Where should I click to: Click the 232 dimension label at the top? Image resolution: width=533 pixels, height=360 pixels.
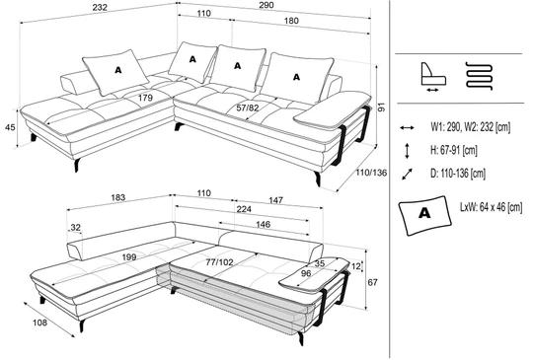coord(100,7)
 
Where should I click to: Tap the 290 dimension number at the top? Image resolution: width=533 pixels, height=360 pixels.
coord(266,5)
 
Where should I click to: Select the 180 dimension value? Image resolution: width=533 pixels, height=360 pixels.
coord(291,21)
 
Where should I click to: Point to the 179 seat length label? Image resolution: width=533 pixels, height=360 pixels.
coord(145,98)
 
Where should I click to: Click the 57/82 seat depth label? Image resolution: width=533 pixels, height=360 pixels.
coord(248,108)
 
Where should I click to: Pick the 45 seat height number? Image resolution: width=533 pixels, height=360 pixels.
coord(10,127)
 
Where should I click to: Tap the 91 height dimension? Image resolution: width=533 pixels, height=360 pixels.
coord(382,108)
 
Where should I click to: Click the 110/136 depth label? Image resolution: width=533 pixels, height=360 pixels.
coord(371,173)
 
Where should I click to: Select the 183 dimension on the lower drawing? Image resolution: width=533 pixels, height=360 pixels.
coord(118,197)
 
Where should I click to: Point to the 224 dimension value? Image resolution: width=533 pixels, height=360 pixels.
coord(244,209)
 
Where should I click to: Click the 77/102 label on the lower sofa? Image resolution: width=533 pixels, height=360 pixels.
coord(219,261)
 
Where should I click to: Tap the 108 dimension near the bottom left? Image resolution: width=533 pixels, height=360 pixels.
coord(39,323)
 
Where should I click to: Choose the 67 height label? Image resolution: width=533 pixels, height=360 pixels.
coord(372,282)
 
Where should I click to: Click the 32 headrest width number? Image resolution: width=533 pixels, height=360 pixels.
coord(75,227)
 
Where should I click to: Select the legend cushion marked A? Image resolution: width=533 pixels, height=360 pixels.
coord(424,215)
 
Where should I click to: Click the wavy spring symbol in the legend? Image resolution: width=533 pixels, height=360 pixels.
coord(479,76)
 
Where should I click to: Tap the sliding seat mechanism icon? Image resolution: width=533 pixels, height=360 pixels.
coord(433,77)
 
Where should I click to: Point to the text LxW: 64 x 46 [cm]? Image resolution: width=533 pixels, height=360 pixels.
coord(492,207)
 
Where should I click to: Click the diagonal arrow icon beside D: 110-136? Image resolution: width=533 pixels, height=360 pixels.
coord(407,174)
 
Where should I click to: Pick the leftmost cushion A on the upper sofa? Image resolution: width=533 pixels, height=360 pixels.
coord(115,72)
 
